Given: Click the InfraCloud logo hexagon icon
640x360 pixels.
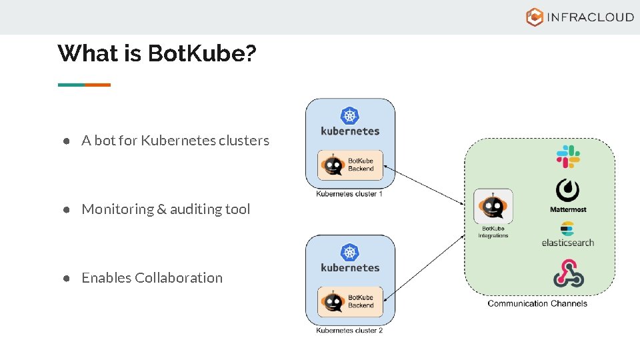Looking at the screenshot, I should (x=535, y=17).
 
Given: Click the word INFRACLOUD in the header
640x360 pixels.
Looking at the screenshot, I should (x=590, y=17).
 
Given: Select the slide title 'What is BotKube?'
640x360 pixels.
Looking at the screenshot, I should (x=157, y=53).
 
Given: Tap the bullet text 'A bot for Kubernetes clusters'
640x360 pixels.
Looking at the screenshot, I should (x=175, y=141).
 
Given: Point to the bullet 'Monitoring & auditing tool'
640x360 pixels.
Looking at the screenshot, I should (x=165, y=209).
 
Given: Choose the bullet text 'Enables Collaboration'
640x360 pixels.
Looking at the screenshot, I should (x=152, y=278).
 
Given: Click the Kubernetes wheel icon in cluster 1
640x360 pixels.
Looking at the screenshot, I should (x=350, y=115).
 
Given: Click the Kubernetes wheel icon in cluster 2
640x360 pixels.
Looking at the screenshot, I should (x=350, y=252).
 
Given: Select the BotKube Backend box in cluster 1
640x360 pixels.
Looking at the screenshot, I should (x=351, y=165).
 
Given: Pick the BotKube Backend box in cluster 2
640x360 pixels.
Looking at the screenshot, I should (x=351, y=301).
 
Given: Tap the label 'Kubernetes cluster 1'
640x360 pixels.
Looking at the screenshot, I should (x=349, y=195).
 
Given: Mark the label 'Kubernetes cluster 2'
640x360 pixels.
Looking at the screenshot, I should (x=349, y=331).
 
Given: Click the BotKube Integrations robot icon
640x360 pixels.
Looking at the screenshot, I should (x=493, y=207).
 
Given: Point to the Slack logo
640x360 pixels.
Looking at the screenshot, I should (x=568, y=157).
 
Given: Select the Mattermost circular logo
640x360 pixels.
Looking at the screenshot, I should (x=567, y=191).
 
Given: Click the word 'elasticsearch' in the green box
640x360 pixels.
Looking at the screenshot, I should (x=567, y=243).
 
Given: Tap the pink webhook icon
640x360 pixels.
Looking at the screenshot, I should (x=568, y=273).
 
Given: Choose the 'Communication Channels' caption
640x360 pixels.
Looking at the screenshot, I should (x=537, y=303).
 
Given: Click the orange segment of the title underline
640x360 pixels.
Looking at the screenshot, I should (x=97, y=85).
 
